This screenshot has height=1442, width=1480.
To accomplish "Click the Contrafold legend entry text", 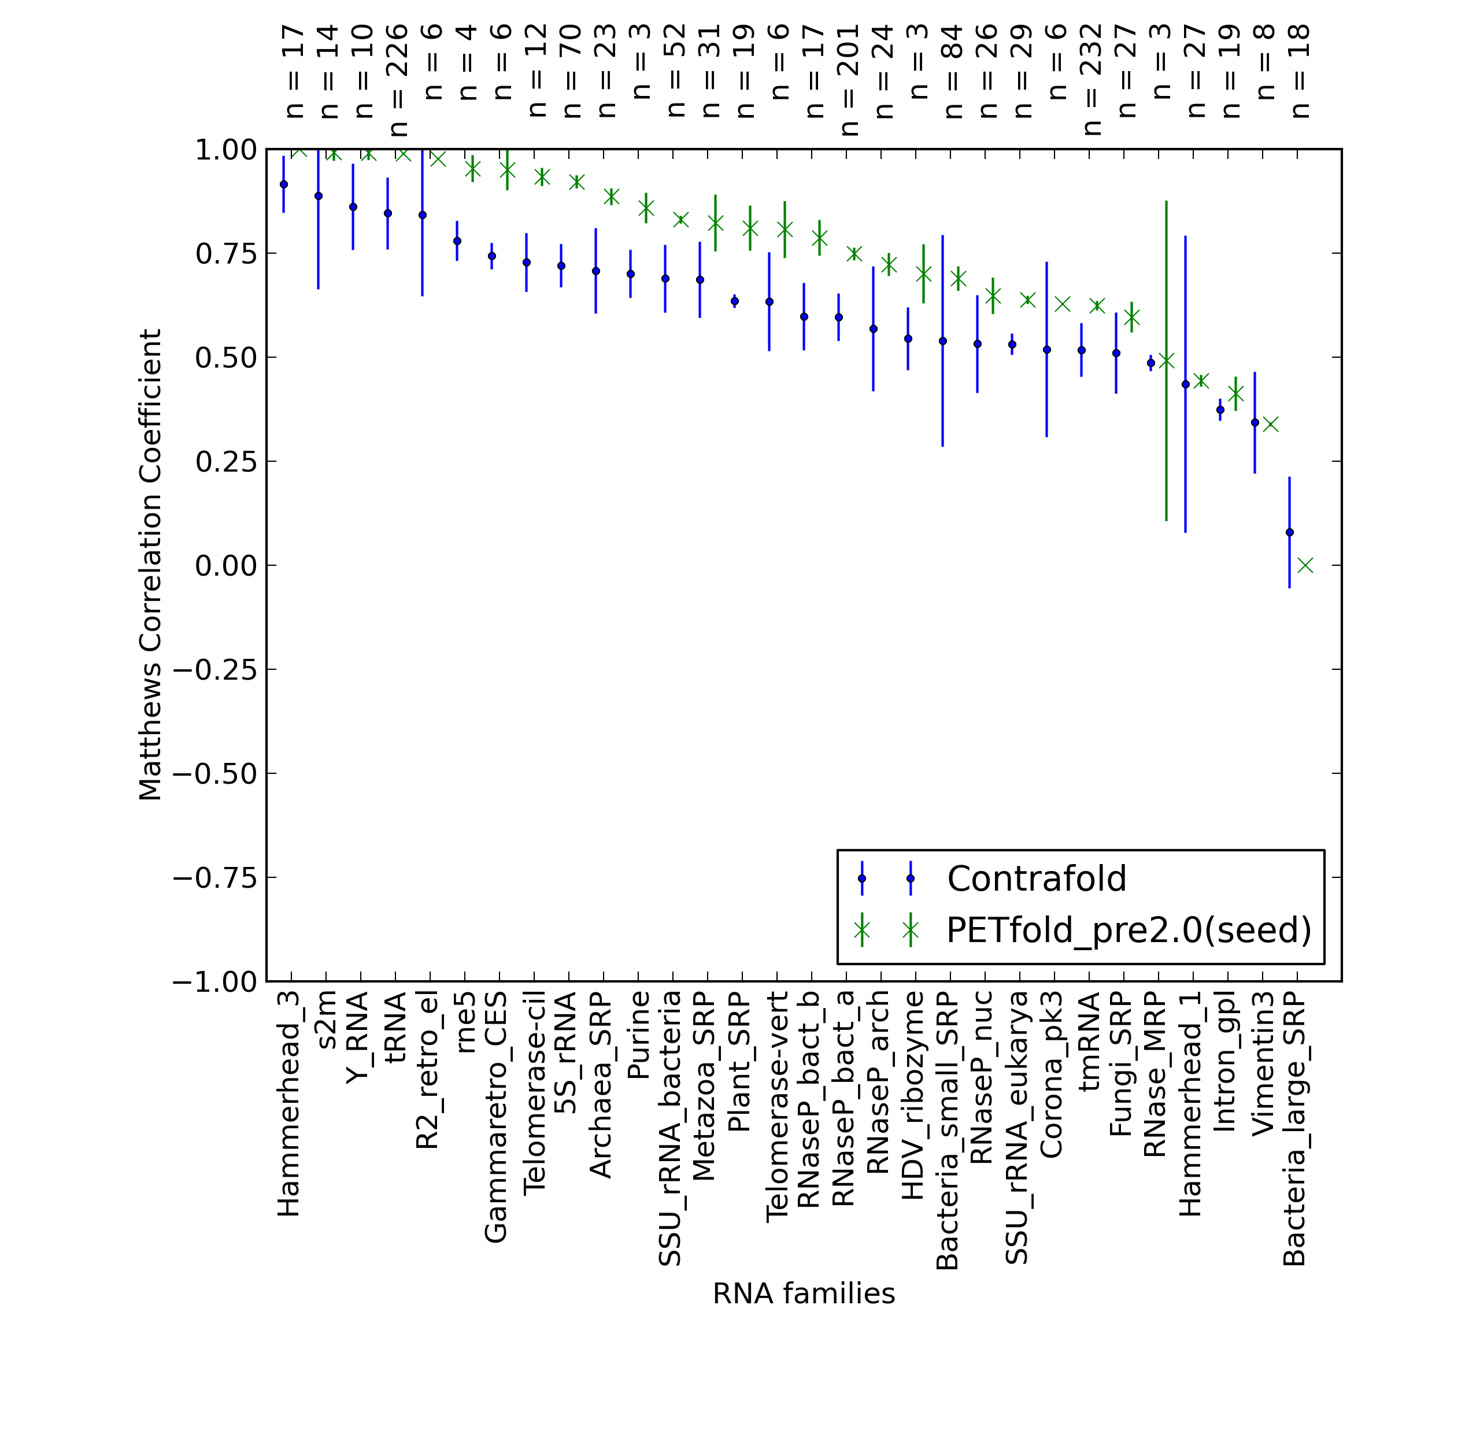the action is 1036,878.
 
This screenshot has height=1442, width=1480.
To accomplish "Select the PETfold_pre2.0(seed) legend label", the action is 1128,930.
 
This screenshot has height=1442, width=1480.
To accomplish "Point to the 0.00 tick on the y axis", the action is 225,565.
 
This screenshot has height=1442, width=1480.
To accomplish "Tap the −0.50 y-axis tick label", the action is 215,773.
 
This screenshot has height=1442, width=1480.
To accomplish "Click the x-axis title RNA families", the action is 804,1293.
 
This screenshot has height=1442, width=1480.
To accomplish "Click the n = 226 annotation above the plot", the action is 397,80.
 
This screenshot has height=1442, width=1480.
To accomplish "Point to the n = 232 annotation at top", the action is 1091,80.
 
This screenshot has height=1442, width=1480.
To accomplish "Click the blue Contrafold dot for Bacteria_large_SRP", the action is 1290,532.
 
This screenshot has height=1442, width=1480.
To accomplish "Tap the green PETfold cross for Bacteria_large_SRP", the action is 1305,565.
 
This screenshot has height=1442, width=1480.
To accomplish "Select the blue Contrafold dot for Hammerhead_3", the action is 284,184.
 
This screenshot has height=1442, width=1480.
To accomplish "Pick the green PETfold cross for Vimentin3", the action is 1271,424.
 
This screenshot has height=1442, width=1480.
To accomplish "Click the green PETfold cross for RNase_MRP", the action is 1167,361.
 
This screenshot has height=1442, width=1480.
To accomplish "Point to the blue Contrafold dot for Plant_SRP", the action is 735,302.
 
